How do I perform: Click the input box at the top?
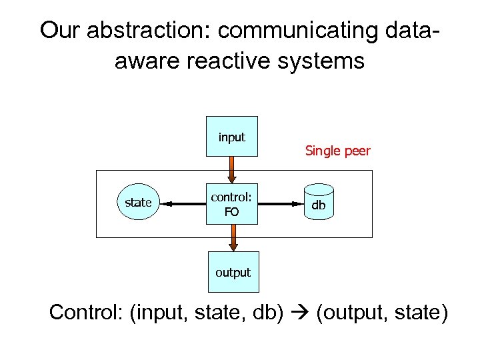233,137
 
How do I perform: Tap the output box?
233,272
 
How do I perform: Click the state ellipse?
139,203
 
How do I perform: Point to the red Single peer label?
337,151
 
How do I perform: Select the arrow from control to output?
233,238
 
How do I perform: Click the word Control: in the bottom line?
87,312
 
